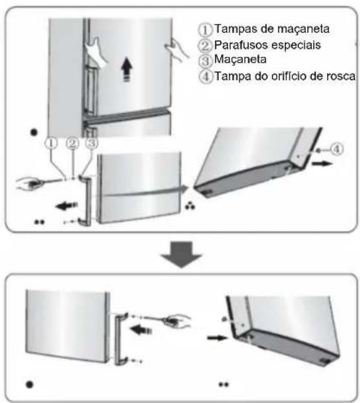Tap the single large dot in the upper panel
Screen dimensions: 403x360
34,132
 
